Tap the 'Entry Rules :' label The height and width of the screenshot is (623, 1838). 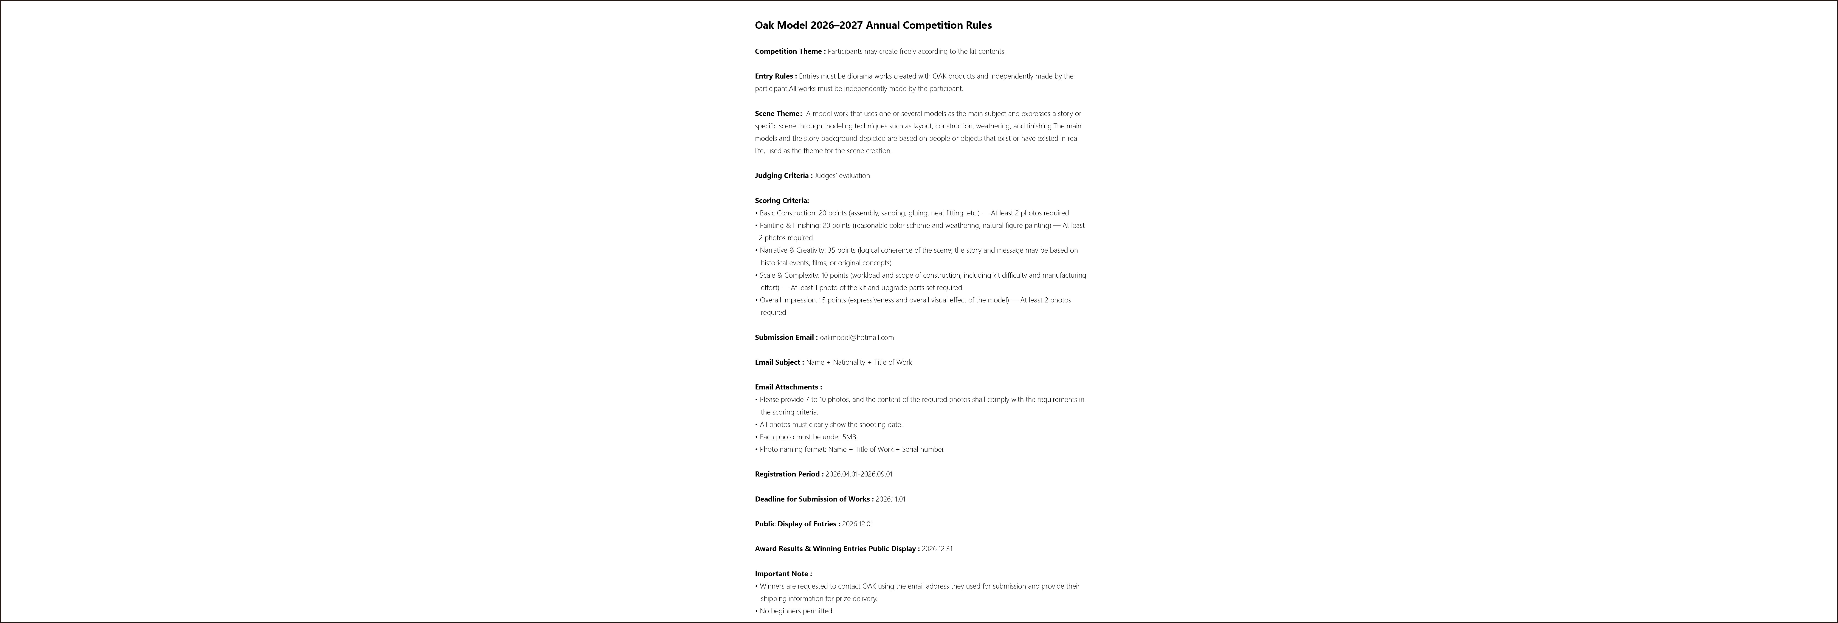coord(775,76)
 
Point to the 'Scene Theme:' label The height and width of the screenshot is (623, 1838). coord(778,113)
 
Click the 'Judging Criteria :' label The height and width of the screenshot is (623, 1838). coord(783,175)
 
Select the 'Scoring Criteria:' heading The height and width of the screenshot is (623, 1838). coord(781,200)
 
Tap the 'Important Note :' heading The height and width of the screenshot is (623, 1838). coord(783,574)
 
